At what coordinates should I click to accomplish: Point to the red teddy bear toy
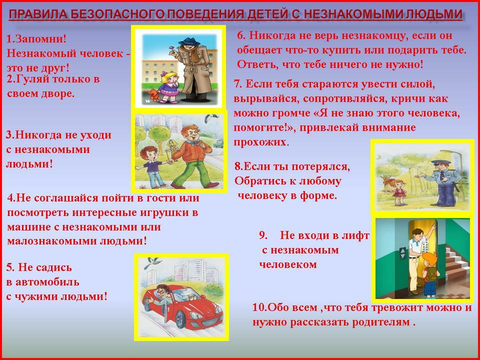coord(154,95)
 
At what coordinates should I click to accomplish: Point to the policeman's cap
coord(440,162)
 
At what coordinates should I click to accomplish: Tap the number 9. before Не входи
coord(263,235)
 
